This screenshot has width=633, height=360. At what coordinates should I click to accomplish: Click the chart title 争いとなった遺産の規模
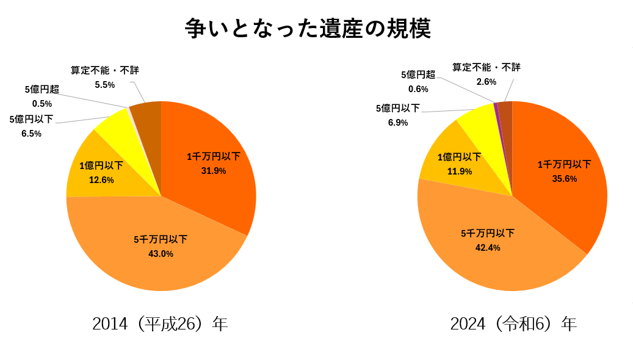(x=308, y=29)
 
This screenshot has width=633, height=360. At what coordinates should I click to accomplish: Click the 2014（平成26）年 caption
(x=160, y=323)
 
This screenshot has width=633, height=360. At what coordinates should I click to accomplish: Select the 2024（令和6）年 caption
(x=513, y=323)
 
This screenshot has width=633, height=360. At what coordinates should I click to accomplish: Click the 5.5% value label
(x=104, y=85)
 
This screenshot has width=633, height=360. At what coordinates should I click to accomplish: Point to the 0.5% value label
(x=42, y=104)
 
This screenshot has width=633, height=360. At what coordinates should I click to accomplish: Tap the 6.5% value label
(x=31, y=134)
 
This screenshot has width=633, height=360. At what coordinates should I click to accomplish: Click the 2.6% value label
(x=486, y=82)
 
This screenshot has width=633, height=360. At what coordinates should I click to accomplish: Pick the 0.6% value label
(x=418, y=89)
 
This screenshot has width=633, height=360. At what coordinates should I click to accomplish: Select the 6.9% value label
(x=398, y=123)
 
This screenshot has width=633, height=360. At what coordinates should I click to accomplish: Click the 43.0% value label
(x=161, y=254)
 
